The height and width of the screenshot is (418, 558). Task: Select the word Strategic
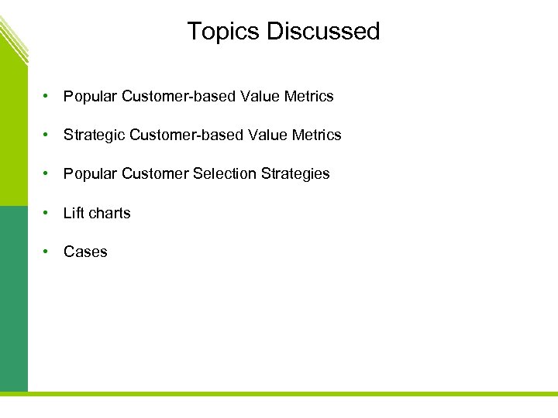coord(95,135)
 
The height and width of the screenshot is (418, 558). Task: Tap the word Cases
coord(85,252)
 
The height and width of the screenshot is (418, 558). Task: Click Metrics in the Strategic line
coord(316,135)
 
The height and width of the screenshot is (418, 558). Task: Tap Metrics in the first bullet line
coord(308,97)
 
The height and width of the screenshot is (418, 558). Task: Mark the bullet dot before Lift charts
coord(47,213)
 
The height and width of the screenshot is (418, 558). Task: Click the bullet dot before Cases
coord(47,252)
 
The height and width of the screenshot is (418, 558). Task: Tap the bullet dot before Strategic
coord(47,135)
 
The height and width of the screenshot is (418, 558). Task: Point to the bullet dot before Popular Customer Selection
coord(47,174)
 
